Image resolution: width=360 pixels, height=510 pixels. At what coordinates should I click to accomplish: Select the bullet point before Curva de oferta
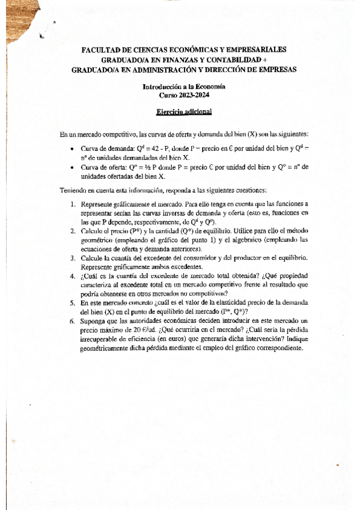[x=72, y=168]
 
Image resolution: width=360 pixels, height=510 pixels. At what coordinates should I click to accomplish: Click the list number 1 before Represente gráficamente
[x=73, y=204]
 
